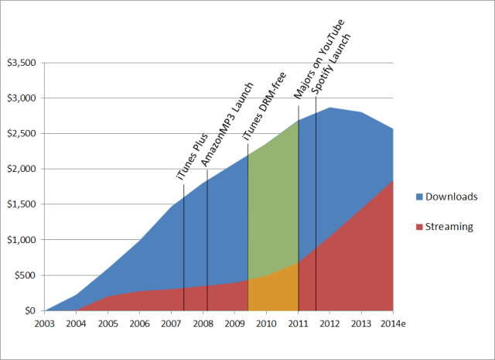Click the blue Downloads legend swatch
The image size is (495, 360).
pyautogui.click(x=419, y=197)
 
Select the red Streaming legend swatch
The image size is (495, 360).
pyautogui.click(x=419, y=227)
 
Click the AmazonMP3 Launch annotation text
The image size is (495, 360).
pyautogui.click(x=226, y=124)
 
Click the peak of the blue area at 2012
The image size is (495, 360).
pyautogui.click(x=329, y=108)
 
